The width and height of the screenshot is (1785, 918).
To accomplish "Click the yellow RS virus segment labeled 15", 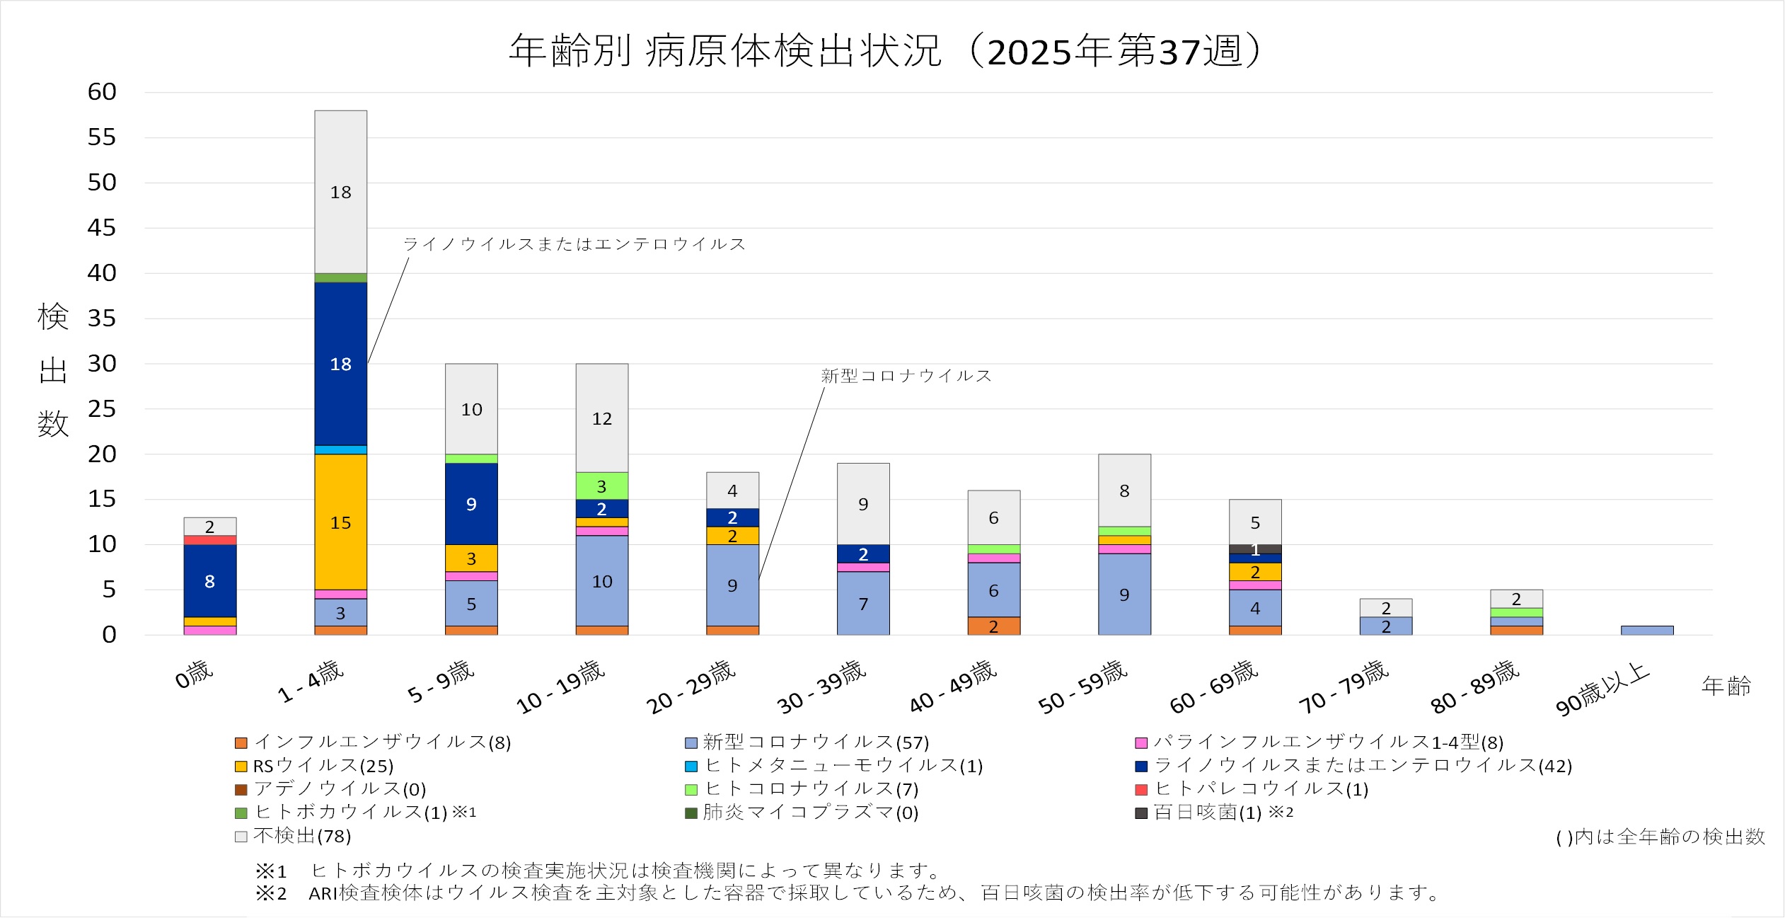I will click(x=340, y=522).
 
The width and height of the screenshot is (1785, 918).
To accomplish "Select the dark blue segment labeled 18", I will click(x=340, y=363).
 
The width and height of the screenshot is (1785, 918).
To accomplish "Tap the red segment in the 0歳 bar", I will click(x=209, y=540).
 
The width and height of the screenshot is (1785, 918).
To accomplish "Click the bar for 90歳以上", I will click(x=1647, y=630).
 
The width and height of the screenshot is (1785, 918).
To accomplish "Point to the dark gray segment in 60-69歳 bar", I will click(x=1254, y=549).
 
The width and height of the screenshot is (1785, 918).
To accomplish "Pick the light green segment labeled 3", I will click(x=601, y=486).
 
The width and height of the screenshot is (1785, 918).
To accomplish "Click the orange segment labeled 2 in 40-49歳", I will click(x=993, y=626).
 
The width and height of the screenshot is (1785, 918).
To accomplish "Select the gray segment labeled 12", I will click(x=601, y=418).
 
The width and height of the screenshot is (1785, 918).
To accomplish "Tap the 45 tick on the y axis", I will click(x=101, y=228).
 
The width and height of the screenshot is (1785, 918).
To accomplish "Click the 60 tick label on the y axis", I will click(x=101, y=92).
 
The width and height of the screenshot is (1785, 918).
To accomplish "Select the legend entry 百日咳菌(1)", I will click(x=1207, y=813).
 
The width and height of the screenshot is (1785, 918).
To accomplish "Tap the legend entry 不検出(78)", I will click(x=301, y=836).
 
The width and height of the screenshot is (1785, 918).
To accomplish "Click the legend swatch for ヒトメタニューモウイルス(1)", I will click(x=691, y=767).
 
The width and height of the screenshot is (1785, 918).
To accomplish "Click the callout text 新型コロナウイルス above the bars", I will click(x=906, y=376).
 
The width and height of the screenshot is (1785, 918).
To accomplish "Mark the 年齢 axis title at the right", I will click(x=1726, y=686).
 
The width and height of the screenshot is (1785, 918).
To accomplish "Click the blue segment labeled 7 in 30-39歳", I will click(x=862, y=603).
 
